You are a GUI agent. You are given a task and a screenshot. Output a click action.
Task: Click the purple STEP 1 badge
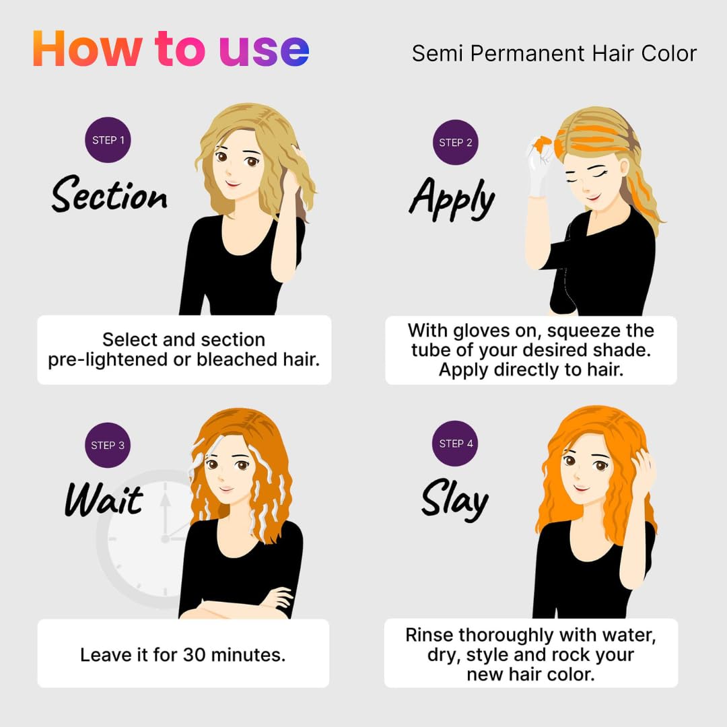coord(108,139)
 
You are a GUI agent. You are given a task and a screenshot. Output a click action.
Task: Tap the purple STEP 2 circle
coord(455,142)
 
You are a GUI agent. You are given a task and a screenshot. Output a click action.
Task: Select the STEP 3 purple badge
coord(108,445)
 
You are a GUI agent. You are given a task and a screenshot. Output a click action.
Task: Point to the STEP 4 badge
coord(455,443)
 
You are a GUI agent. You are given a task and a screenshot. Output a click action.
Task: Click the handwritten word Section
coord(110,195)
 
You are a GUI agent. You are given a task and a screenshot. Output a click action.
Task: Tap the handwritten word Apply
coord(452,199)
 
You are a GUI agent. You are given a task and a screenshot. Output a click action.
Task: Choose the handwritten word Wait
coord(104,499)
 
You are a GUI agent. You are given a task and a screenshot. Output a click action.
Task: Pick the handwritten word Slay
coord(455,499)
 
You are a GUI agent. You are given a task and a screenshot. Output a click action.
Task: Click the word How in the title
coord(87,48)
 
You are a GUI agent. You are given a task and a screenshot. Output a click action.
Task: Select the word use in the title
coord(264,51)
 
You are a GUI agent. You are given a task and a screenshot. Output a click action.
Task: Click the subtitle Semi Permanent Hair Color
coord(554,53)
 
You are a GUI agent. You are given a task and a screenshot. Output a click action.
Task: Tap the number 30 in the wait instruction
coord(195,655)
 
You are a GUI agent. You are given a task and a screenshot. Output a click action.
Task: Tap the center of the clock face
coord(165,539)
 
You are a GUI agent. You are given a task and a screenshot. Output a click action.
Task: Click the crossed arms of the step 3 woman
coord(236,605)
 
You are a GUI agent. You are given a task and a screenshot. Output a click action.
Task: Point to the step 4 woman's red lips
coord(580,487)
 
